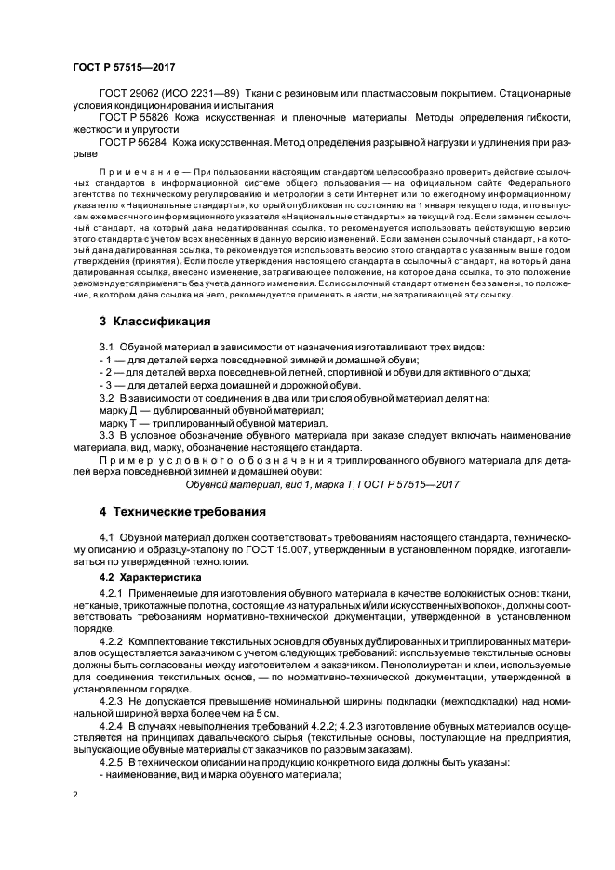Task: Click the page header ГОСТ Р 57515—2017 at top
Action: click(x=124, y=68)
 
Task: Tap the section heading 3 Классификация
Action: click(x=155, y=322)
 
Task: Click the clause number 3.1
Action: click(x=106, y=347)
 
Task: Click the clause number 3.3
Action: click(x=106, y=434)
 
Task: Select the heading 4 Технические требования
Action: click(x=182, y=512)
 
